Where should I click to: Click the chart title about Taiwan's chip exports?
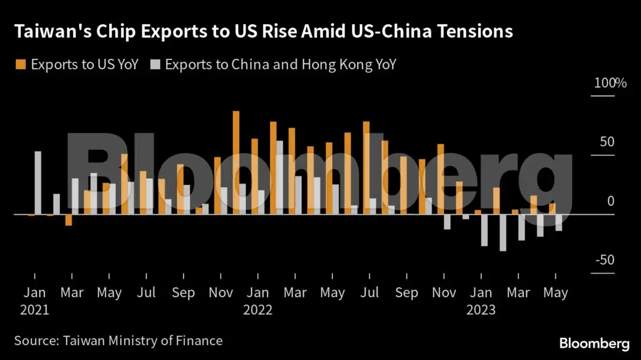264,32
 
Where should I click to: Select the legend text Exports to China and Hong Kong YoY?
280,65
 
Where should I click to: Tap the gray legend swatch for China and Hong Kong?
155,65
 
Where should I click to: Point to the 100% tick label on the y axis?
610,83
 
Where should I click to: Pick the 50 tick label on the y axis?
607,142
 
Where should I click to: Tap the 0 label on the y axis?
610,201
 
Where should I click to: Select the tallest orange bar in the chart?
236,162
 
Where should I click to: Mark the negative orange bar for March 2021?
68,220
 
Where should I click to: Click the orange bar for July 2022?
366,167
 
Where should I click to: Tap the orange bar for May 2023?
552,209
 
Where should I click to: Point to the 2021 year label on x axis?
34,310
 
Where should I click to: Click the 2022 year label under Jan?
257,310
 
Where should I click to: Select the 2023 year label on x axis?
481,310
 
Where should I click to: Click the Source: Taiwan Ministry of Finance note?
118,341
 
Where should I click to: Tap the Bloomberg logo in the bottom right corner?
594,343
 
